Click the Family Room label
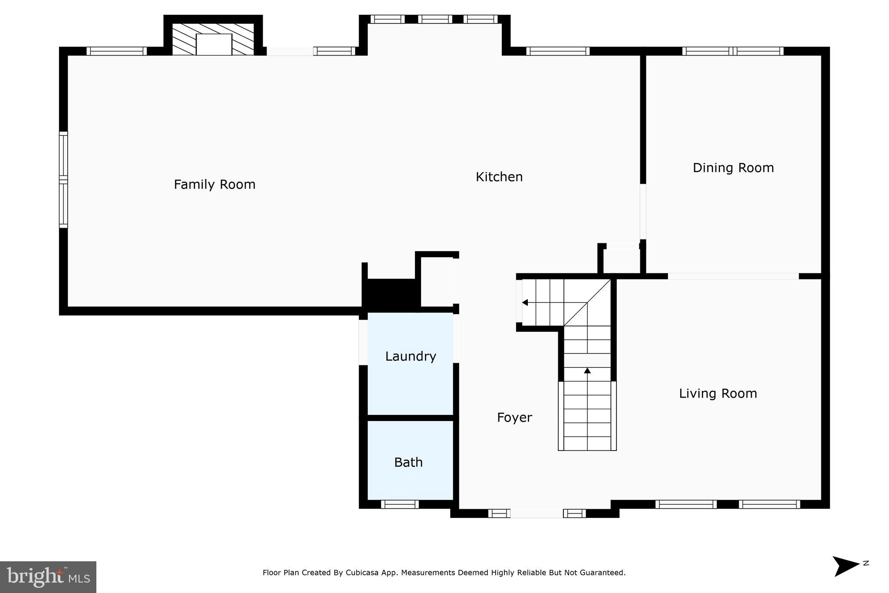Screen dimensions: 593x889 (214, 185)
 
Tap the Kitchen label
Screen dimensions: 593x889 (499, 177)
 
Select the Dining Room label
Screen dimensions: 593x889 (733, 168)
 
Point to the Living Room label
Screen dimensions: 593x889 (718, 394)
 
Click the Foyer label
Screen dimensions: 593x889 (514, 417)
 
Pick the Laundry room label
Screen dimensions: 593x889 (410, 356)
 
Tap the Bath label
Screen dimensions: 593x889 (408, 462)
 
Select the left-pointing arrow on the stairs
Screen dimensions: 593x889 (525, 302)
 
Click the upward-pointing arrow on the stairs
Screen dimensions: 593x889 (587, 371)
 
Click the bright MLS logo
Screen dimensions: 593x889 (48, 577)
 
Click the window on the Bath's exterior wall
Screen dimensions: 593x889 (400, 504)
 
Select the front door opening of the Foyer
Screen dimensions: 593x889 (537, 513)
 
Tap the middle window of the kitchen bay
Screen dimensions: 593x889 (435, 19)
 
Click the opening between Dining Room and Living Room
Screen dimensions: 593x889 (733, 276)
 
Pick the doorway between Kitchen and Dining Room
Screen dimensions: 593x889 (643, 212)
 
